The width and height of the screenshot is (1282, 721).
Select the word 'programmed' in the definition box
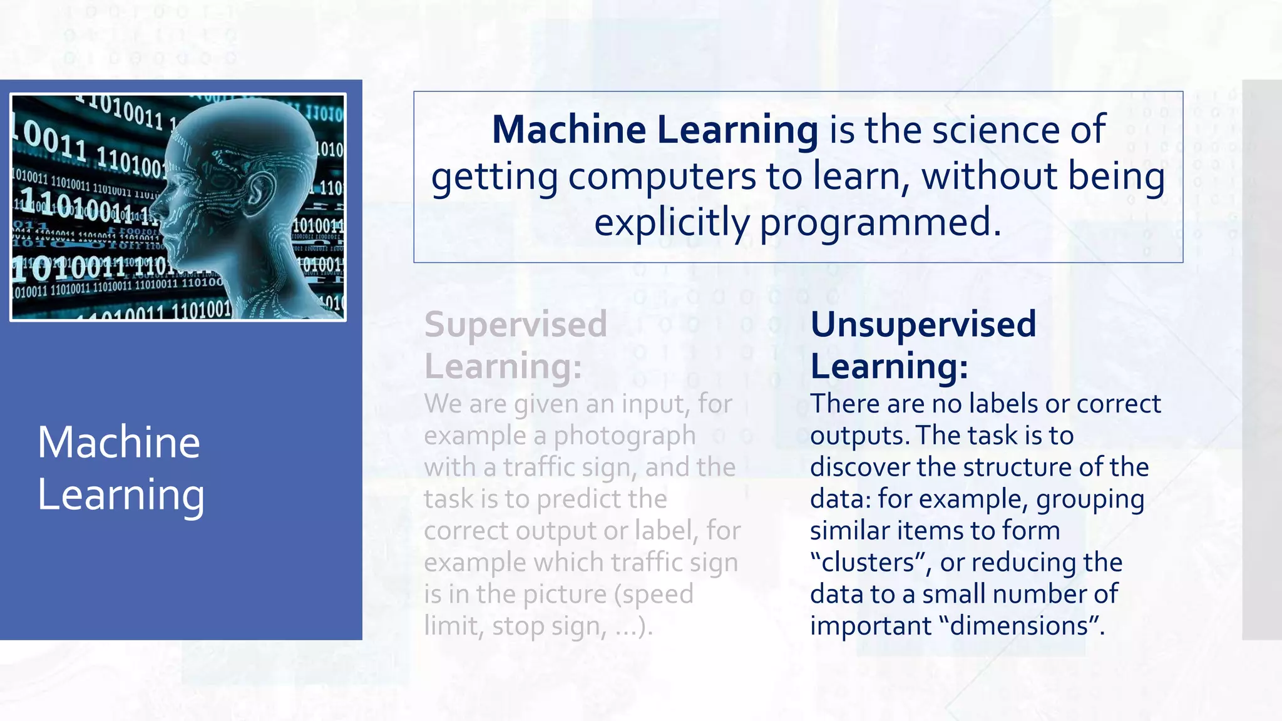(x=875, y=223)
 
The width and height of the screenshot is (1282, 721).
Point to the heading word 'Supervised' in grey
(x=516, y=325)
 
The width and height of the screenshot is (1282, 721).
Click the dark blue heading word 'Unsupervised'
(x=923, y=325)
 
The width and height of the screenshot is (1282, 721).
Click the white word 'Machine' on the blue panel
(x=119, y=442)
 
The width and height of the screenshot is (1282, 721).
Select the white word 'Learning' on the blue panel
(x=121, y=495)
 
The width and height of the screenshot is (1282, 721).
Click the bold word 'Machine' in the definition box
(x=568, y=130)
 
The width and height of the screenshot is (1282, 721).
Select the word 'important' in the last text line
(x=871, y=626)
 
